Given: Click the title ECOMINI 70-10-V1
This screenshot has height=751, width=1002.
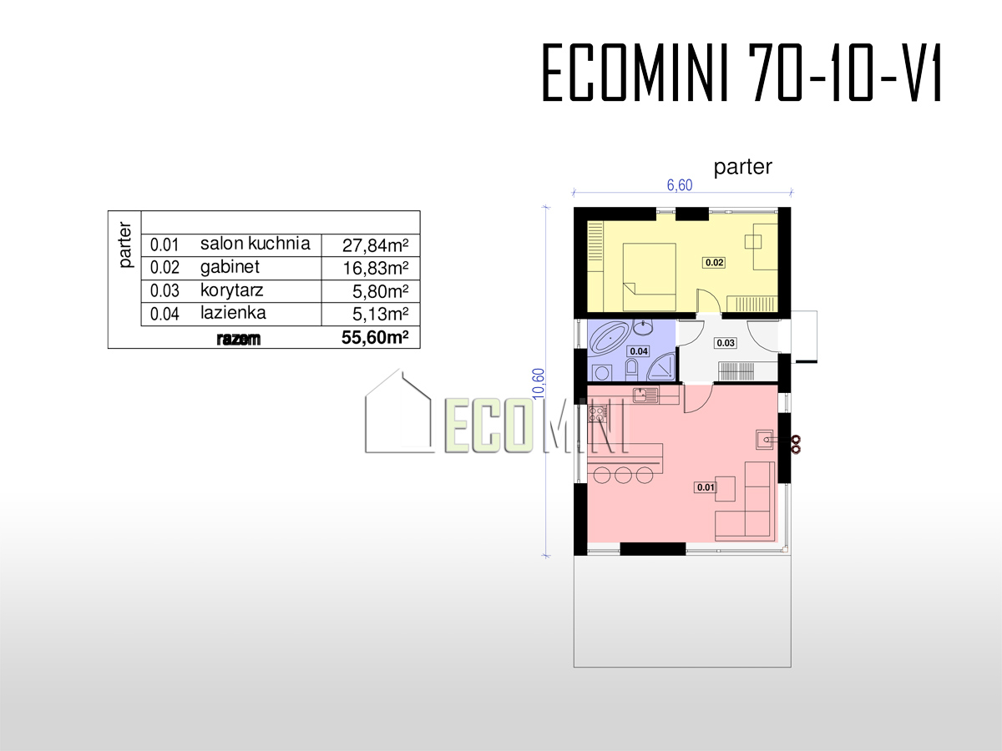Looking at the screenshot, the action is tap(742, 73).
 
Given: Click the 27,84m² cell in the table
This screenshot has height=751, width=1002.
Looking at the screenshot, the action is tap(375, 245).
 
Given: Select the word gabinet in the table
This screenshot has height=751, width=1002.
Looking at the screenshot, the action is tap(230, 267).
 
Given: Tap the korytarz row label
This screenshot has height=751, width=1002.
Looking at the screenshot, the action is tap(231, 290).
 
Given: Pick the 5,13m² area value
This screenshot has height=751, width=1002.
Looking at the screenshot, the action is tap(380, 315).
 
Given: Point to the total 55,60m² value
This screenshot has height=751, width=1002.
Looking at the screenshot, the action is tap(375, 337).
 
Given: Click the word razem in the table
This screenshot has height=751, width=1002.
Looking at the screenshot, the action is tap(238, 339).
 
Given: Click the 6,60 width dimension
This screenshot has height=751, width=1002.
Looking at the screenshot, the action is tap(680, 185).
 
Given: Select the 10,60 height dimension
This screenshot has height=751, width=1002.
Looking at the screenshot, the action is tap(539, 384).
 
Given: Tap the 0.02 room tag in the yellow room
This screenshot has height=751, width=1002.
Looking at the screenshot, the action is tap(715, 262).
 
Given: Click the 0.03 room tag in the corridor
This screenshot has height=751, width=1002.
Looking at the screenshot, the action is tap(726, 343).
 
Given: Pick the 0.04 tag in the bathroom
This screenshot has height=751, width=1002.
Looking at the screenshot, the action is tap(639, 351).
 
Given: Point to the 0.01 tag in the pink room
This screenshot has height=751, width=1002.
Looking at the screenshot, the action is tap(706, 487).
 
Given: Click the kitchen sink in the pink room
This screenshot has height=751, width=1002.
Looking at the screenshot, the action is tap(645, 395).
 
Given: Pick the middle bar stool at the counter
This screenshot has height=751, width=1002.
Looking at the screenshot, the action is tap(623, 475).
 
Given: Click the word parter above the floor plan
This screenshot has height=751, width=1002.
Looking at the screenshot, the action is tap(742, 167).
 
